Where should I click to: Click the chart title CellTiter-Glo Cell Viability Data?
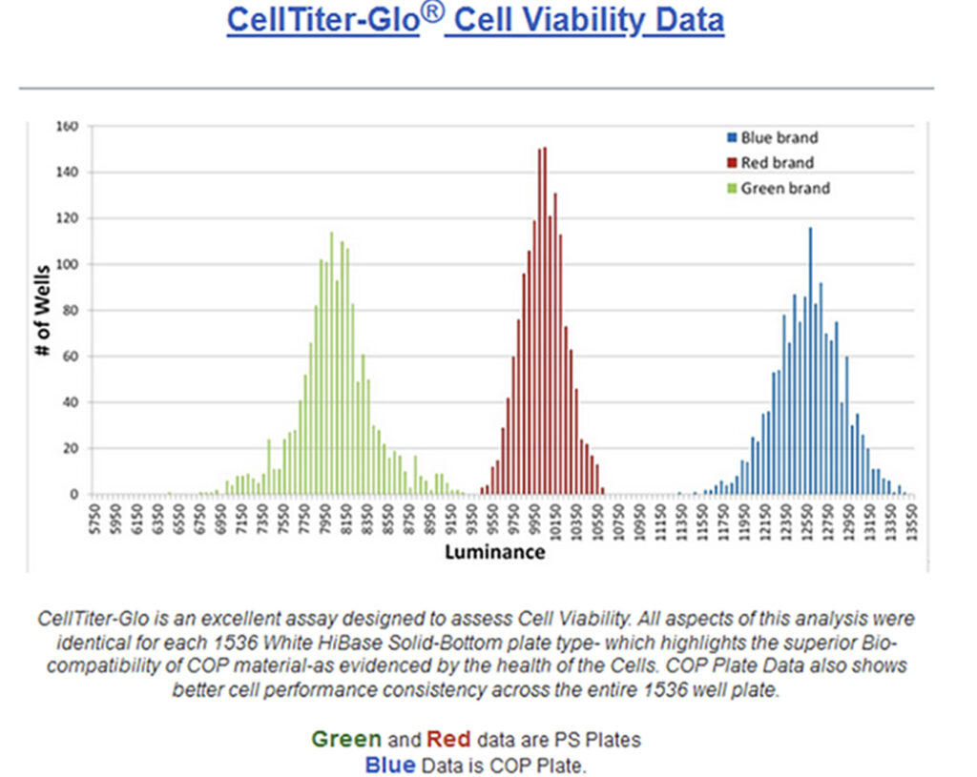coord(475,21)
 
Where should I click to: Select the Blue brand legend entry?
coord(779,138)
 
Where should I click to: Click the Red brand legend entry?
coord(777,163)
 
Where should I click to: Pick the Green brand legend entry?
coord(784,189)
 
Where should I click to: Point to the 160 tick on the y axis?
coord(67,126)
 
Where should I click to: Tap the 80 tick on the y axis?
coord(70,311)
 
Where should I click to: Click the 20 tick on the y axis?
coord(70,449)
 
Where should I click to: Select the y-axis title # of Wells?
coord(42,310)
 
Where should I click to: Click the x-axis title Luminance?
coord(495,552)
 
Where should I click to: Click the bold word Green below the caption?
coord(346,739)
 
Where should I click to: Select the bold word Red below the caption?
coord(448,739)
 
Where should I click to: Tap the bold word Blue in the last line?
coord(390,765)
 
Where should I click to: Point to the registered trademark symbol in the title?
coord(432,13)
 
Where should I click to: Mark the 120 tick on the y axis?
coord(67,218)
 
